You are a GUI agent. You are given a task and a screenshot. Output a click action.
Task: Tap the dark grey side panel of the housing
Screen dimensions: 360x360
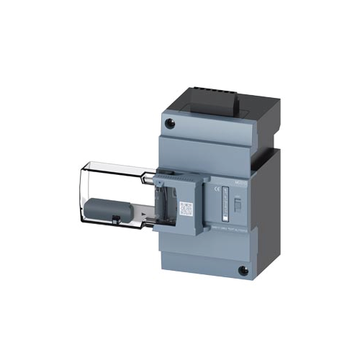(271, 194)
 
